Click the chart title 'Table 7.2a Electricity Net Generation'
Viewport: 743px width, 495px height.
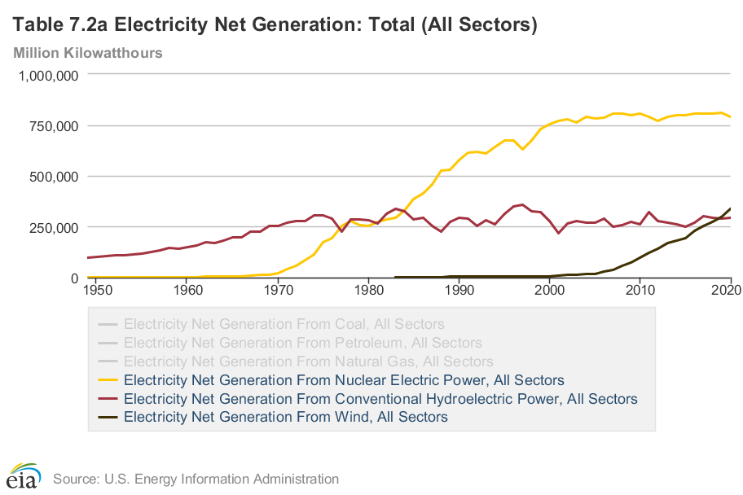[x=275, y=25]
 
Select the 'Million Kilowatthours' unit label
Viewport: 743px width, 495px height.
[x=88, y=53]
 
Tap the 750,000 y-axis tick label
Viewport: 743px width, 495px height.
[x=51, y=125]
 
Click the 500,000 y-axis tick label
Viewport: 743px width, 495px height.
[x=51, y=177]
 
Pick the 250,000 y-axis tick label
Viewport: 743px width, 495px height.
[x=51, y=227]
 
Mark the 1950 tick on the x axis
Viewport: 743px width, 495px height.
[x=96, y=289]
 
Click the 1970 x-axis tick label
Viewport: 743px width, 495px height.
[x=278, y=289]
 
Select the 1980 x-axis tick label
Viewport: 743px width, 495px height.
[x=368, y=289]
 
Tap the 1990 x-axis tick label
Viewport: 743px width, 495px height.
[x=459, y=289]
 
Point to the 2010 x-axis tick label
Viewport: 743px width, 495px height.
[x=640, y=289]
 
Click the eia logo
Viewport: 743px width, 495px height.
[x=24, y=476]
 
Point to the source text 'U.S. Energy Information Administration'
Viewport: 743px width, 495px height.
[x=196, y=479]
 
